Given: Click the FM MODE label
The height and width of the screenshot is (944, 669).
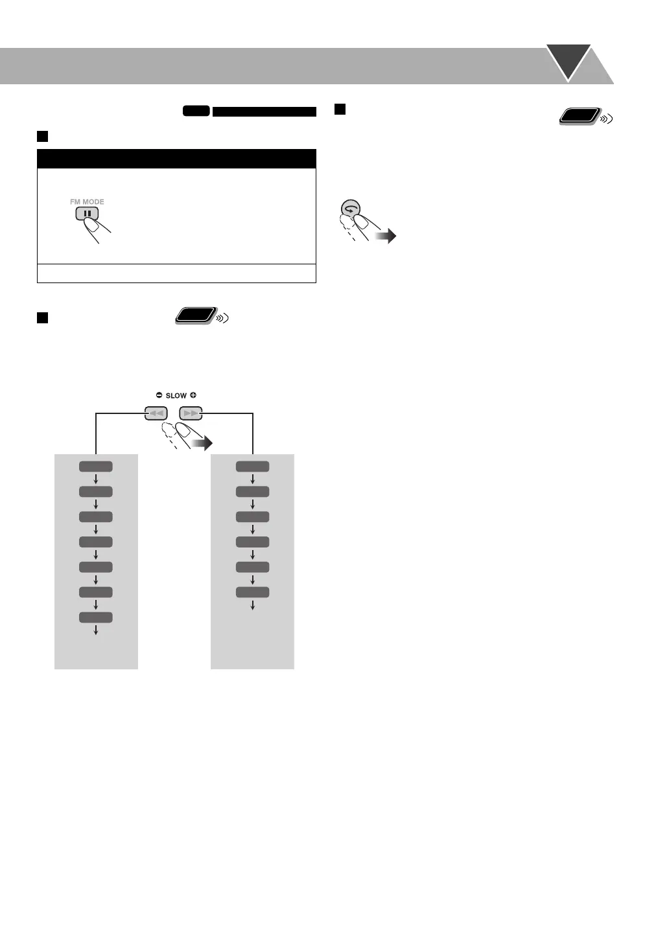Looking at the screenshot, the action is click(x=87, y=202).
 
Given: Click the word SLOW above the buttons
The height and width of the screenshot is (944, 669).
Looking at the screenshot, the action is click(x=176, y=395).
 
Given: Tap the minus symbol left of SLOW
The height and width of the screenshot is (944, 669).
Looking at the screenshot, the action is click(x=159, y=395).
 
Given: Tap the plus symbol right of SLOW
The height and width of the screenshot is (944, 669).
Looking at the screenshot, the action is click(x=193, y=395).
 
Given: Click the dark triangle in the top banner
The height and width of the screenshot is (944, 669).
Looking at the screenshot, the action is click(x=569, y=60).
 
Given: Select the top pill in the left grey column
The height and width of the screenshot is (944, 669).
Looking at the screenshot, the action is click(x=96, y=466).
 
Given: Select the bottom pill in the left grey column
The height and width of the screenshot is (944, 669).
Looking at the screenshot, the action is click(x=96, y=617).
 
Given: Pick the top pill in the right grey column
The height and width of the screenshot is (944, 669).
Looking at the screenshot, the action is click(x=253, y=466).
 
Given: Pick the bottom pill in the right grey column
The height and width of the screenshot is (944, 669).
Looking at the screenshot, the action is click(x=253, y=592).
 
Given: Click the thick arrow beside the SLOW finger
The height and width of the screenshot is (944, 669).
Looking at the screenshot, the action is click(x=202, y=444).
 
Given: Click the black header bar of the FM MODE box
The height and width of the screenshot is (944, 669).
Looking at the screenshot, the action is click(x=176, y=159).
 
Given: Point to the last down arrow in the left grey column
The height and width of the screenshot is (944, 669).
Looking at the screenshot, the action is click(x=96, y=630).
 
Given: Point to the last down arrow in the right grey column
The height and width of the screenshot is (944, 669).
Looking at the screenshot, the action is click(x=253, y=604).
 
